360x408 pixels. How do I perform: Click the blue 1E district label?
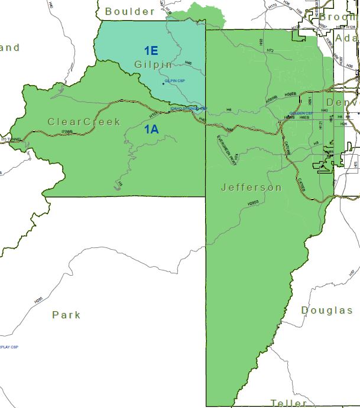click(150, 51)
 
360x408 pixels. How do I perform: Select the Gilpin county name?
click(153, 64)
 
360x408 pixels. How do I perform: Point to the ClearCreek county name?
click(84, 122)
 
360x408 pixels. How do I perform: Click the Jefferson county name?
click(251, 187)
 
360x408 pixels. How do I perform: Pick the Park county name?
click(66, 315)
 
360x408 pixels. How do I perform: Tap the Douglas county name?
click(327, 310)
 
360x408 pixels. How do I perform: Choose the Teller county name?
click(288, 403)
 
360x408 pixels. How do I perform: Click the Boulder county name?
click(129, 11)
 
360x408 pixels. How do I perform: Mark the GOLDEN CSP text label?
click(301, 113)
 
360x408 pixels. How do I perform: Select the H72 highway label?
click(270, 51)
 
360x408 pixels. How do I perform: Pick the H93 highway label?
click(261, 41)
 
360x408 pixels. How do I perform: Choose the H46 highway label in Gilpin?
click(188, 63)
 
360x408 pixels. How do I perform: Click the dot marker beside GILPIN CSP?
click(163, 83)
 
